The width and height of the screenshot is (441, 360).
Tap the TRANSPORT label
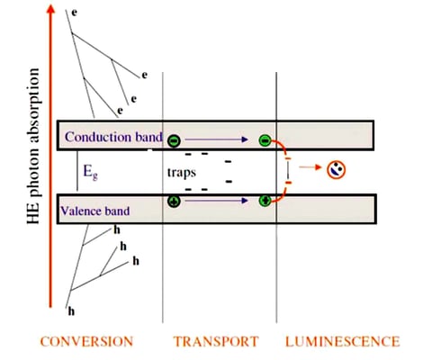coord(213,341)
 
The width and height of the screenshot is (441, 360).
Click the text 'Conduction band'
coord(112,138)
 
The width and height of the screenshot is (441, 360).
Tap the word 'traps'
coord(184,170)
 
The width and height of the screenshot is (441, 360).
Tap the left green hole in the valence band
coord(174,201)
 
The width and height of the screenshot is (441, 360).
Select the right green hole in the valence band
coord(265,201)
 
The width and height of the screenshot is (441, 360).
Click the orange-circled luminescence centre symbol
coord(336,168)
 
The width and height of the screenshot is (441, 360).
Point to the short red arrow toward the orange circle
coord(311,168)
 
